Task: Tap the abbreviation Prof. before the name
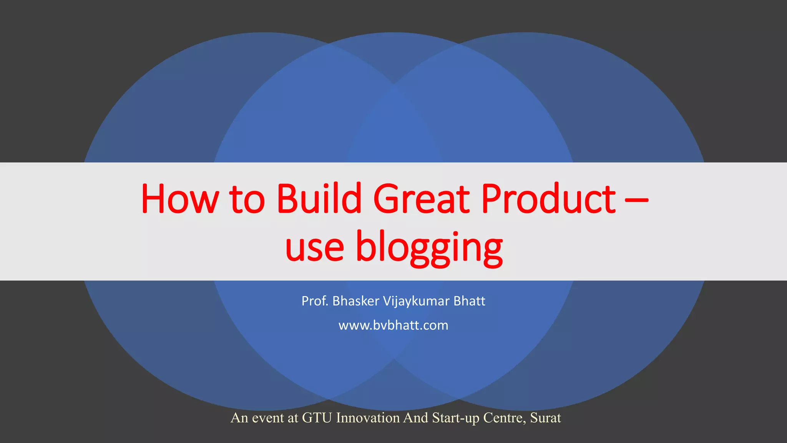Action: click(315, 301)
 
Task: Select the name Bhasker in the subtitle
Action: click(356, 301)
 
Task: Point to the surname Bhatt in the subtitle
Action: click(469, 301)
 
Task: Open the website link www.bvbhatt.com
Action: click(393, 326)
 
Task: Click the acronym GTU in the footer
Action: click(317, 418)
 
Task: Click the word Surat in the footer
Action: click(545, 418)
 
